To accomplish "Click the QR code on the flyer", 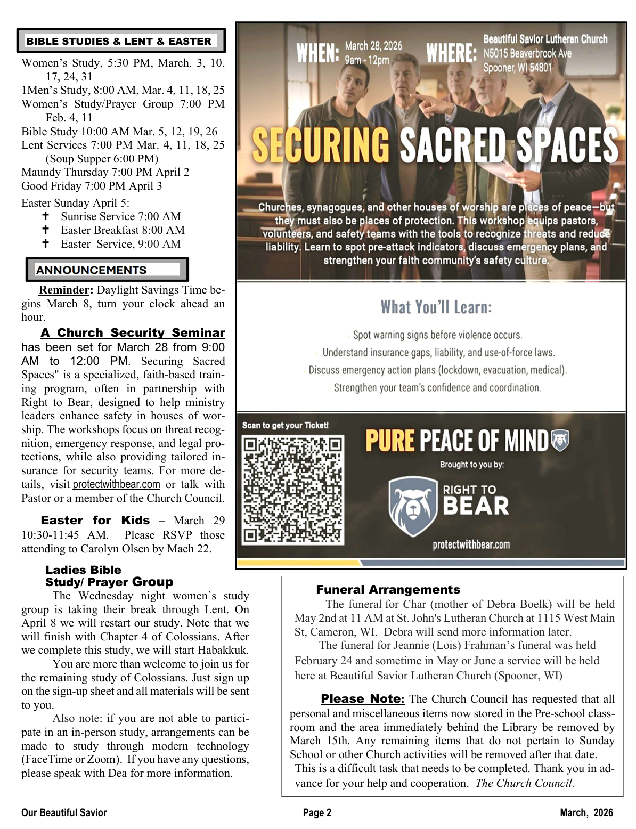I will click(292, 490).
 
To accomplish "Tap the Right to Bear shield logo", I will click(412, 506).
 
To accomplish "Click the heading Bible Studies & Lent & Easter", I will click(119, 41).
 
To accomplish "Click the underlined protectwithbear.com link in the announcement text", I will click(116, 484).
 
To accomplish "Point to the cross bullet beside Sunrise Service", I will click(46, 216).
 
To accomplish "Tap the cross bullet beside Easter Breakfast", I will click(46, 230).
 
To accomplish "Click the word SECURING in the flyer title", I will click(321, 145).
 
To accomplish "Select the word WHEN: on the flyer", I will click(317, 53).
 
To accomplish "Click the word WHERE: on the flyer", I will click(451, 53).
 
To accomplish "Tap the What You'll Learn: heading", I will click(436, 307).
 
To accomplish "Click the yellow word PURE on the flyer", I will click(389, 441).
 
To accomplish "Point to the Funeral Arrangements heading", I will click(388, 589).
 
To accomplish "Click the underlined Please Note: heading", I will click(362, 698).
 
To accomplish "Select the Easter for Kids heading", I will click(95, 520).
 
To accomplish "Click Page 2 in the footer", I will click(317, 812).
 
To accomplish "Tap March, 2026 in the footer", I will click(586, 812).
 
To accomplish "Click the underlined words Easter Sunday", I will click(55, 203).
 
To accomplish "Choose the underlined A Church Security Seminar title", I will click(133, 332).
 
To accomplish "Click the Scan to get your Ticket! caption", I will click(285, 425).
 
